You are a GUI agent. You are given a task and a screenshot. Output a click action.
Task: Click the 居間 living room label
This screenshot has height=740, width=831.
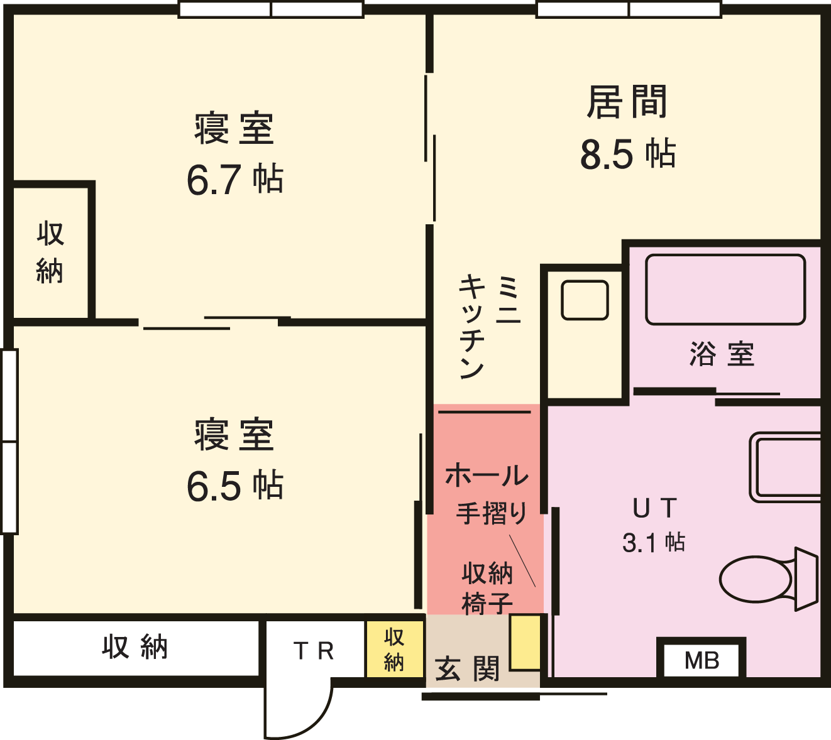627,102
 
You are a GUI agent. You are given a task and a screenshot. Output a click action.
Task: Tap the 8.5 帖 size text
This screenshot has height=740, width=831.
627,154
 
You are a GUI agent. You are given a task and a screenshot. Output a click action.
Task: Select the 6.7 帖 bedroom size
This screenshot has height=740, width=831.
235,179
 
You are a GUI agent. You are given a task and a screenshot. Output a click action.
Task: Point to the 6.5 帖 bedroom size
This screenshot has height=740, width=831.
235,486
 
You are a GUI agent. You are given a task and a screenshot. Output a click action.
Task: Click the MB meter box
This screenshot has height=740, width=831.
702,660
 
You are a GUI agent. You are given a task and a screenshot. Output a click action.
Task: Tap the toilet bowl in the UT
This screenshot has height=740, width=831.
756,580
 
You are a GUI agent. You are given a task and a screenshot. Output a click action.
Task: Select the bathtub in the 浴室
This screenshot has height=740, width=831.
725,290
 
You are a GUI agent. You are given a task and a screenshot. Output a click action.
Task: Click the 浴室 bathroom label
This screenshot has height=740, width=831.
722,354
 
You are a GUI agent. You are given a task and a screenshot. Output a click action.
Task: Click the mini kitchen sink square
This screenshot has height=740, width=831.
585,300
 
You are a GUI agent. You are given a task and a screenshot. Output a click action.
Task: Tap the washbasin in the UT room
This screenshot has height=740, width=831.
785,467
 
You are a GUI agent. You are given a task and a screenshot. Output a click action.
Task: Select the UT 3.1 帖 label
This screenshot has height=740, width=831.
654,525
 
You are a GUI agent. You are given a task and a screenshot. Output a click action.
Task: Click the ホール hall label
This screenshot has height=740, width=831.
487,476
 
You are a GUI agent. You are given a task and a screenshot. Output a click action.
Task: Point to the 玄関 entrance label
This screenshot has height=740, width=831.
467,668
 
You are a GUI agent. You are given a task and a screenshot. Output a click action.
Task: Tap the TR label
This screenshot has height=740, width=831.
314,651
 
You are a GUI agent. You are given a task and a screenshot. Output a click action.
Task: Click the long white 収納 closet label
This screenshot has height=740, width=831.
135,648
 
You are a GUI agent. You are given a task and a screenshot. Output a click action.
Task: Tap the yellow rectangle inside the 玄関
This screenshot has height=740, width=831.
525,643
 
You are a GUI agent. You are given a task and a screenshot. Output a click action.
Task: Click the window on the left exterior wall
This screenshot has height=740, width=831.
9,442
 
